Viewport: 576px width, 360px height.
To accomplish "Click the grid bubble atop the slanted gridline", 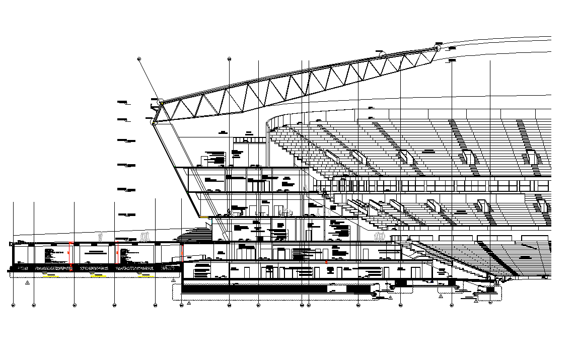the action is [x=139, y=59].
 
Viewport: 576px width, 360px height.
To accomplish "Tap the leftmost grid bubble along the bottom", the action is [x=13, y=305].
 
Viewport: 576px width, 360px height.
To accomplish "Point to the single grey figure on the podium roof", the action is [x=101, y=236].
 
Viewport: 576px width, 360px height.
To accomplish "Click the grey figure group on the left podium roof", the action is [x=146, y=236].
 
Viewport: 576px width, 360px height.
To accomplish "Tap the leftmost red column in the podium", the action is [x=70, y=254].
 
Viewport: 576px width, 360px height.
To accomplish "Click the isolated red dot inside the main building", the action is [x=326, y=262].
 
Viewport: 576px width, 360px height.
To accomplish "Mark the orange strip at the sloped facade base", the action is [x=203, y=217].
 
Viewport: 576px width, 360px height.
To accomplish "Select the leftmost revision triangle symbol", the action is [x=27, y=283].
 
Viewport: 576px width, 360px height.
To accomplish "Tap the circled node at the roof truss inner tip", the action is [x=437, y=48].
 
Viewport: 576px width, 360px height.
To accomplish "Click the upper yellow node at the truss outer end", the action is [x=161, y=103].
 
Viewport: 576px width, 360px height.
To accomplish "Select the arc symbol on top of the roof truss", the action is [x=381, y=52].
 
